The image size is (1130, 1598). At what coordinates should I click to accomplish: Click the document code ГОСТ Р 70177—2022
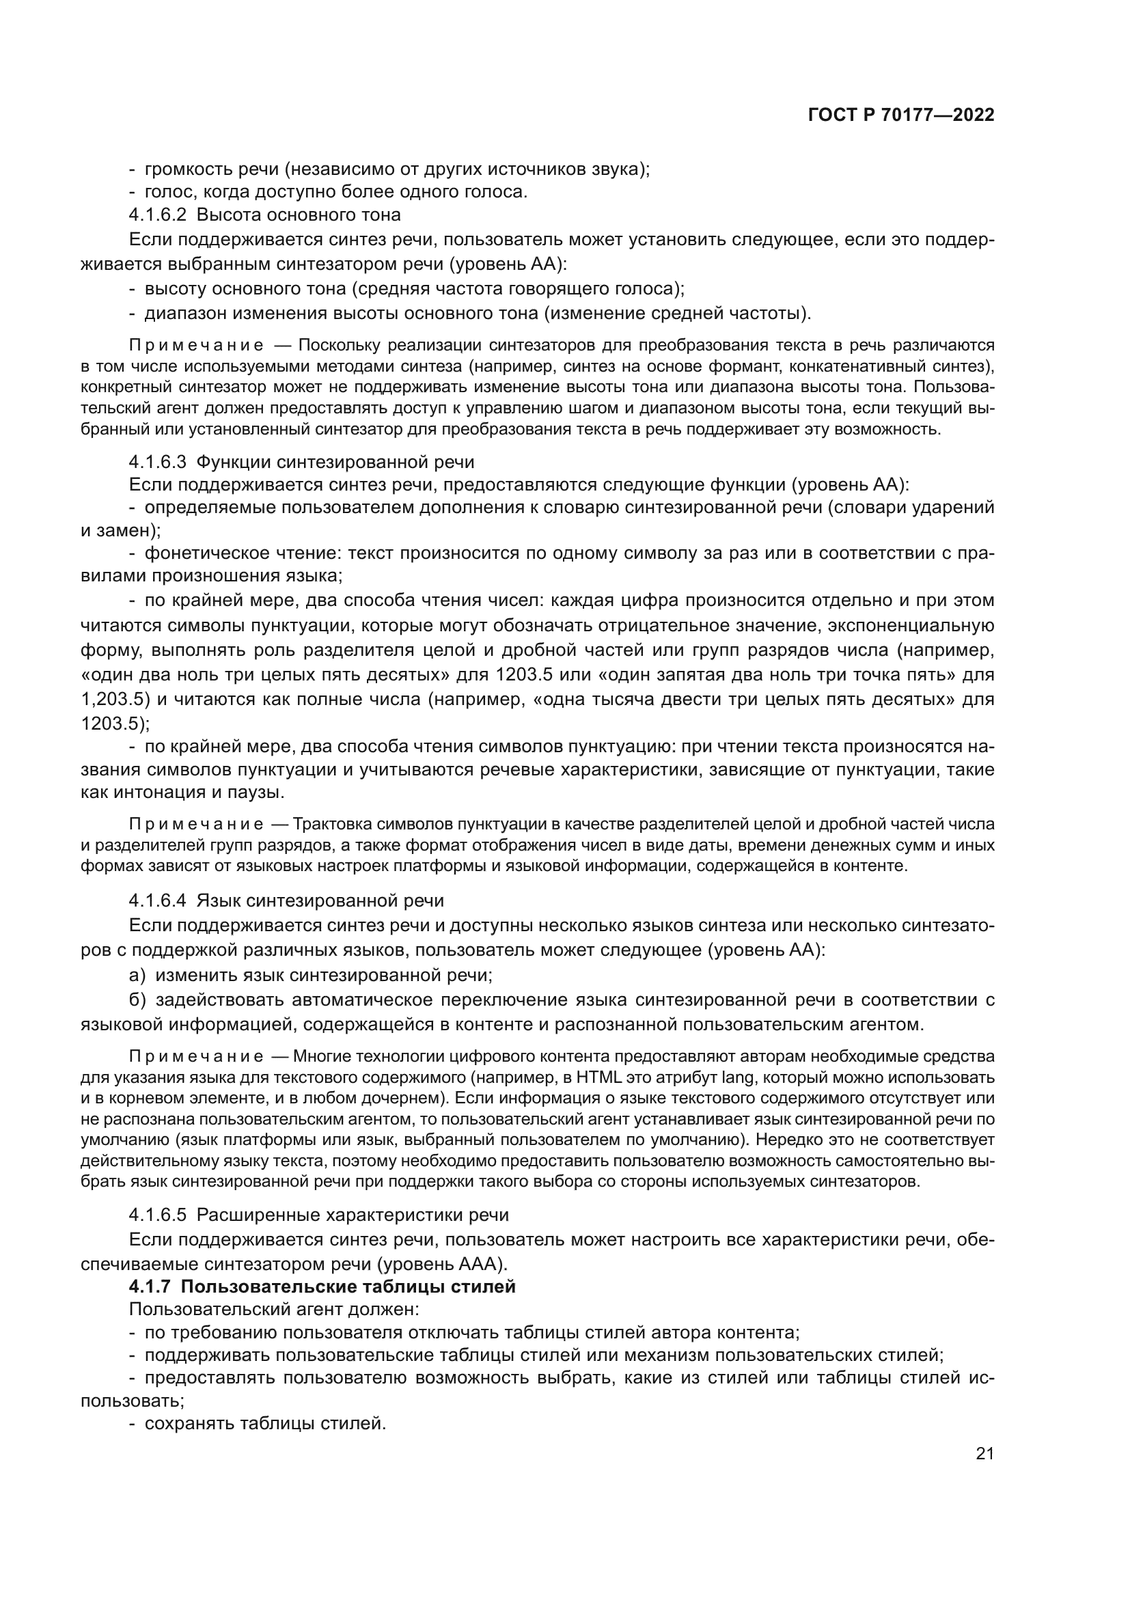click(901, 115)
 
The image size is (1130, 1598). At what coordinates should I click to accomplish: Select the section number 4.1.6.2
click(157, 215)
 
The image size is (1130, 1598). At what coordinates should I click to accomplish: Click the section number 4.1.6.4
click(157, 900)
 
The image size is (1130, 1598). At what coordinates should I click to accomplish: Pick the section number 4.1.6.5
click(157, 1215)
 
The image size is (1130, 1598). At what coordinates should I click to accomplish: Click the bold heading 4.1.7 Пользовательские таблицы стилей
click(322, 1286)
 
